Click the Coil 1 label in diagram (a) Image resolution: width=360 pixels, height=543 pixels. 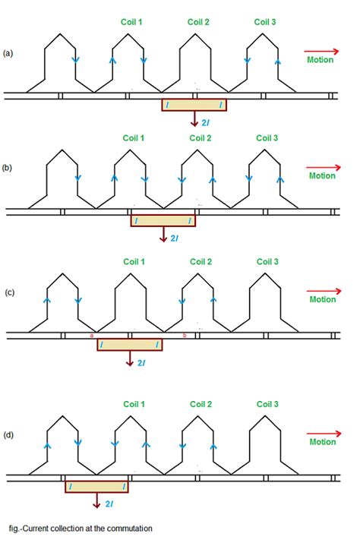point(134,21)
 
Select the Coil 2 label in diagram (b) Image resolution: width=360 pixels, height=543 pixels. point(201,138)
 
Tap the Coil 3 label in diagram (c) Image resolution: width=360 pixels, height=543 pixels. point(267,262)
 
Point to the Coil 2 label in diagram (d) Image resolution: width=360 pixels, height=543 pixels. point(201,403)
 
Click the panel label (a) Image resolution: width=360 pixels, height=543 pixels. point(8,53)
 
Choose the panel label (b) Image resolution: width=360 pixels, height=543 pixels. point(8,170)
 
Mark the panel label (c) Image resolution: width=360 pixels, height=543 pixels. point(8,294)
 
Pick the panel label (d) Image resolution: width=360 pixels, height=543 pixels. point(8,435)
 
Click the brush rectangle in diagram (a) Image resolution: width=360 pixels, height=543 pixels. point(194,105)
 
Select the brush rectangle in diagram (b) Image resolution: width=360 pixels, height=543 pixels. point(163,220)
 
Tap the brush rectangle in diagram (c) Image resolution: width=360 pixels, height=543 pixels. point(129,344)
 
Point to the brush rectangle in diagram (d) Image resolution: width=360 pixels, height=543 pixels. point(96,485)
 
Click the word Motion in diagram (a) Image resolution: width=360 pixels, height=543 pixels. point(321,58)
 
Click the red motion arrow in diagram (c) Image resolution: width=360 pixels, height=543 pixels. point(321,289)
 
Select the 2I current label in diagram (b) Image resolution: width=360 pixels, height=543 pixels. point(174,238)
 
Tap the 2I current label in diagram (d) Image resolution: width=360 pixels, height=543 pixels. point(109,503)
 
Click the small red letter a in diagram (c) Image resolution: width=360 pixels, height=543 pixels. point(92,335)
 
